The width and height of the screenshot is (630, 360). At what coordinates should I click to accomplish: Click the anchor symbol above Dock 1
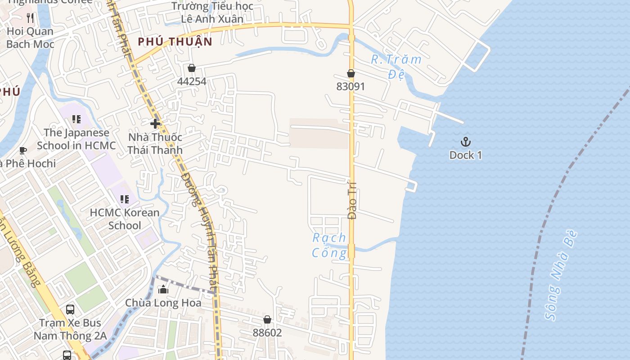[466, 142]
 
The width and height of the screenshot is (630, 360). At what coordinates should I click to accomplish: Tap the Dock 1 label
[466, 155]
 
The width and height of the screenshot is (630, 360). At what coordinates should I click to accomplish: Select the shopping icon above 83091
[351, 73]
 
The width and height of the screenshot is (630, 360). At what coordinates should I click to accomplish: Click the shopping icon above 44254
[192, 68]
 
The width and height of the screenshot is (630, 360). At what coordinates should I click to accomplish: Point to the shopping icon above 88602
[267, 319]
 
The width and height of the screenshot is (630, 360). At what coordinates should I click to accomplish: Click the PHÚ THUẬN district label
[175, 42]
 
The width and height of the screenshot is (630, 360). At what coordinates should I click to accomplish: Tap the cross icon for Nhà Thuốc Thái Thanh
[155, 124]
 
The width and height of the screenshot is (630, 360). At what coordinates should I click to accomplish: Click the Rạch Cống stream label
[330, 245]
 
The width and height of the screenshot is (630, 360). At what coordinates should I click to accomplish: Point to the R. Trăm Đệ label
[396, 66]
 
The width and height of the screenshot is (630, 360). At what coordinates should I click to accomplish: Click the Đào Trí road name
[352, 201]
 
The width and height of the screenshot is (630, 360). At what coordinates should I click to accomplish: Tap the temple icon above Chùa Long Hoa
[163, 289]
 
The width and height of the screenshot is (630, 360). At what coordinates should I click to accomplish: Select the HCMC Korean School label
[125, 219]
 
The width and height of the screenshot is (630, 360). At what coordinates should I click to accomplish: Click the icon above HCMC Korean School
[125, 199]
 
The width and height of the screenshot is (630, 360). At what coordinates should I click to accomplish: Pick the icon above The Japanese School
[76, 119]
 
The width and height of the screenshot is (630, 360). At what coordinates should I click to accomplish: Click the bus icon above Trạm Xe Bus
[70, 310]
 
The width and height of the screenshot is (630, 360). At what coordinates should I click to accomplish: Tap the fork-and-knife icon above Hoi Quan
[30, 18]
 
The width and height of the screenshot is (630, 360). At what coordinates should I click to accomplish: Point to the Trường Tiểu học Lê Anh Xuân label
[212, 13]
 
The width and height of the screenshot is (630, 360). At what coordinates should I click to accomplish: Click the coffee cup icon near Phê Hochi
[23, 150]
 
